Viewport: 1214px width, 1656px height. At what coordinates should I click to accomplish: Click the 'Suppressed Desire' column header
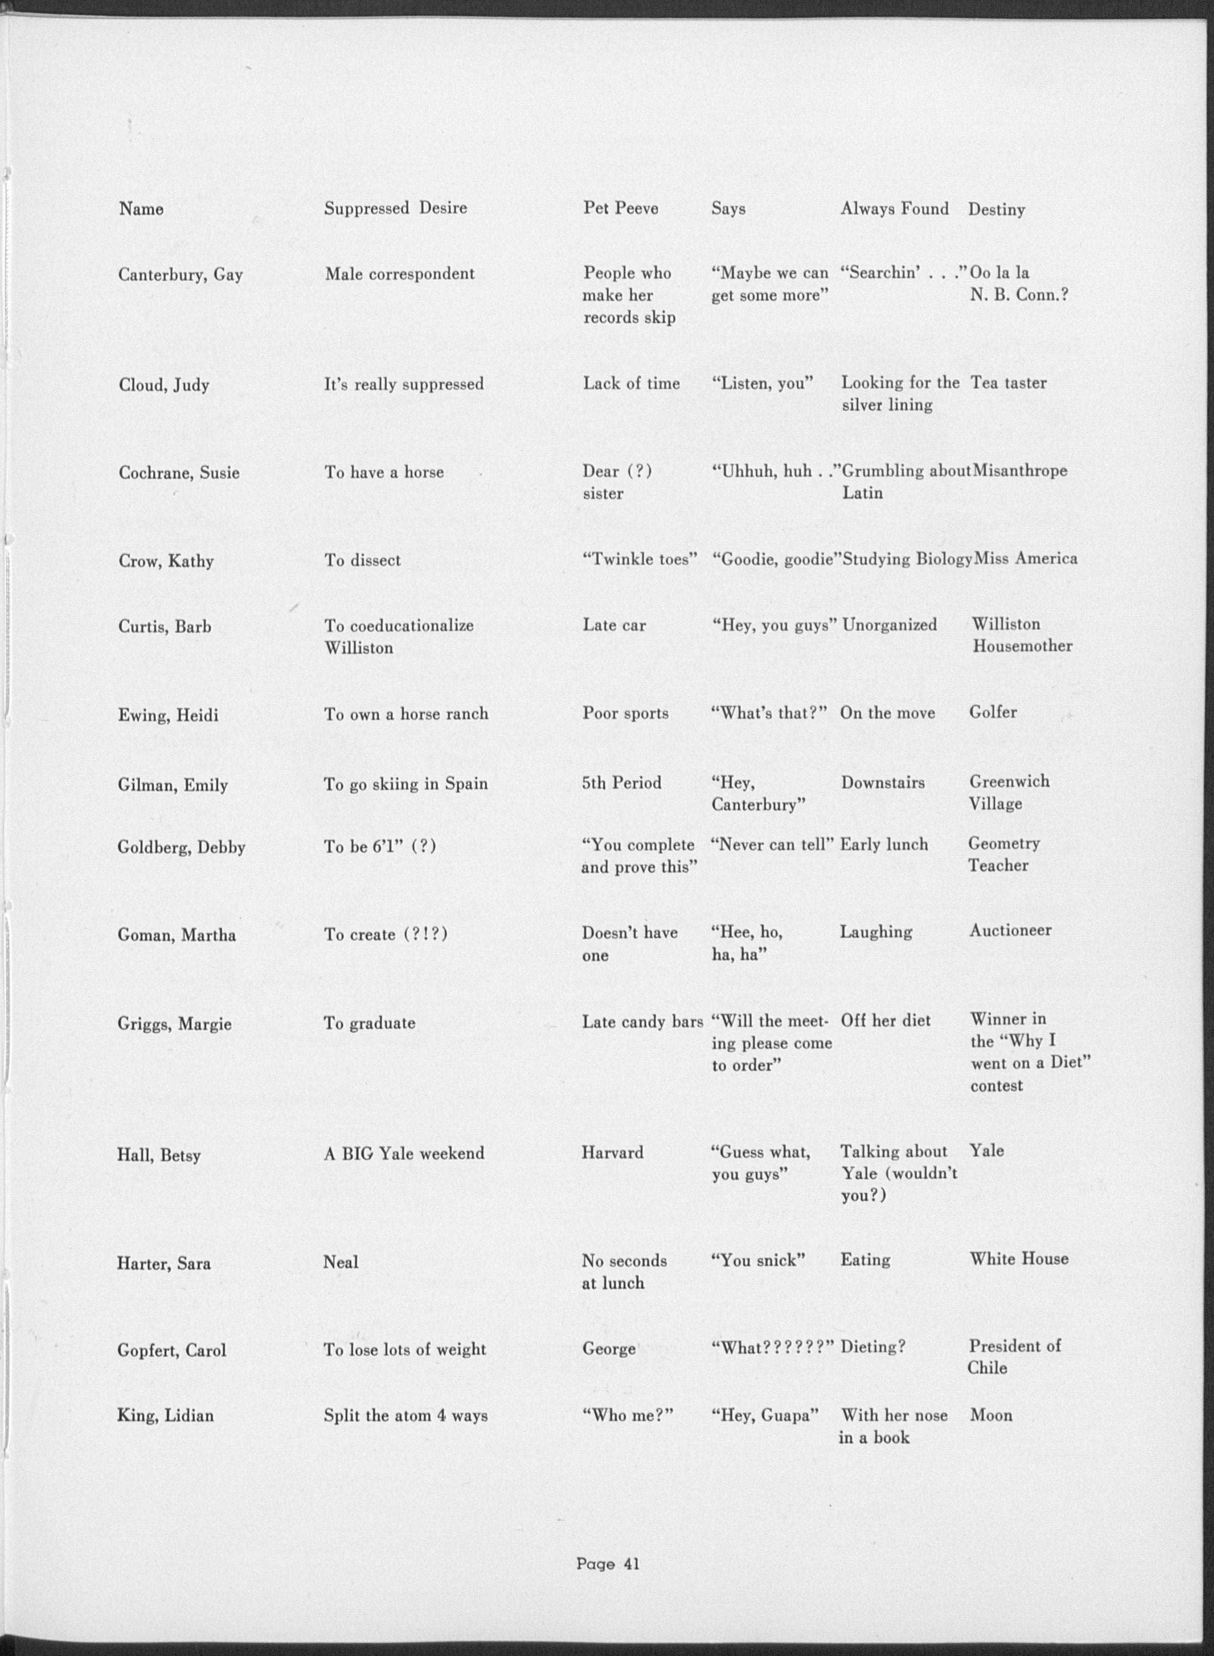(x=395, y=208)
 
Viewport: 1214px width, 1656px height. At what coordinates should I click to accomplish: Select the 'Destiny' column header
(x=996, y=209)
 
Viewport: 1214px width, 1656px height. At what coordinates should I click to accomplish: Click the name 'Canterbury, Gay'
(x=180, y=275)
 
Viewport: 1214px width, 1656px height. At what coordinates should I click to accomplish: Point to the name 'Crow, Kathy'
(x=166, y=561)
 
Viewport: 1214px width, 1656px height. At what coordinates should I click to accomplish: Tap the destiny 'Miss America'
(x=1025, y=559)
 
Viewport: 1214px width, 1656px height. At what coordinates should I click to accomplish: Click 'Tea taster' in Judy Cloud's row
(x=1008, y=383)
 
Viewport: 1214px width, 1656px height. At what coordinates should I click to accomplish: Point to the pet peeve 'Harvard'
(x=612, y=1152)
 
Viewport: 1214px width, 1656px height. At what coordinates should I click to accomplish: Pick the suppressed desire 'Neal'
(x=341, y=1263)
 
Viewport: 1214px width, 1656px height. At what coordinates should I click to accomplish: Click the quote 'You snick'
(x=758, y=1261)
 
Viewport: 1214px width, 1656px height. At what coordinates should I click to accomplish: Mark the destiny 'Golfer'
(x=993, y=712)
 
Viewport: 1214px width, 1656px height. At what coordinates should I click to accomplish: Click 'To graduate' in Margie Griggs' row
(x=370, y=1023)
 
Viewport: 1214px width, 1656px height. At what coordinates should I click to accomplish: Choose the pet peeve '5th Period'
(x=622, y=783)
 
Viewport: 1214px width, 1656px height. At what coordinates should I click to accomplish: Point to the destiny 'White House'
(x=1018, y=1259)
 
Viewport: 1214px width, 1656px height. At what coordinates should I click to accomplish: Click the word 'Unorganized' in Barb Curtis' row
(x=889, y=625)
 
